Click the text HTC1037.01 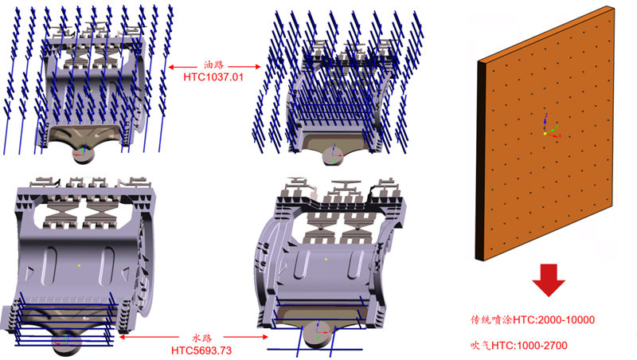click(x=213, y=77)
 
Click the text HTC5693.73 click(x=201, y=350)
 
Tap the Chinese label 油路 click(x=213, y=65)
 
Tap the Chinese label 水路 click(x=202, y=338)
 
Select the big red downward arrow click(x=549, y=280)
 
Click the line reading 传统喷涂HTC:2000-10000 click(x=533, y=319)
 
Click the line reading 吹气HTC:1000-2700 click(x=519, y=346)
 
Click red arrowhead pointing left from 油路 click(x=171, y=67)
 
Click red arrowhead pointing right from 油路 click(x=257, y=67)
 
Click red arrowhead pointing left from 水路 click(x=122, y=337)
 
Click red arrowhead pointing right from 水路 click(x=265, y=337)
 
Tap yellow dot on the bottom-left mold click(x=79, y=265)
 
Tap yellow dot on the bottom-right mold click(x=326, y=259)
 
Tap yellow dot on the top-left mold click(x=92, y=91)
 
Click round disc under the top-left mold click(x=83, y=155)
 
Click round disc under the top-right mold click(x=333, y=156)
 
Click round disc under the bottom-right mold click(x=317, y=335)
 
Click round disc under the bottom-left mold click(x=67, y=343)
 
